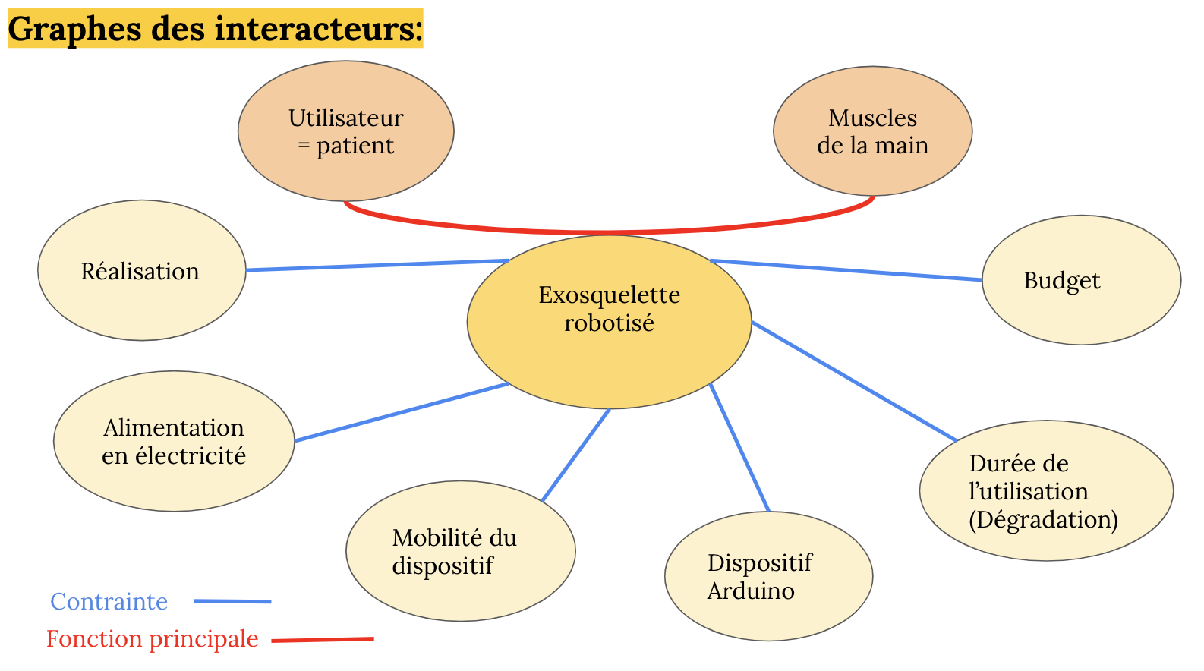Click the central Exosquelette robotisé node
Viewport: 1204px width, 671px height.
[x=609, y=322]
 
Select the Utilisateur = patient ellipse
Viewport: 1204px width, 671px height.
[x=345, y=131]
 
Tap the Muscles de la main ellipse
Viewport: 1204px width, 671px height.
[x=872, y=131]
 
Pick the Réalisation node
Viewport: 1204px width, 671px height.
[x=141, y=270]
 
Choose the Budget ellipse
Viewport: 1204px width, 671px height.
[x=1080, y=280]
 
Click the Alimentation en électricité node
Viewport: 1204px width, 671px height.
[x=174, y=441]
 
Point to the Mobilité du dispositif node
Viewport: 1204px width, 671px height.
[x=460, y=551]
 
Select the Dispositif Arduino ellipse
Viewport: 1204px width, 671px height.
[x=768, y=576]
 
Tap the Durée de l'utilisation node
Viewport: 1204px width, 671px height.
[x=1045, y=491]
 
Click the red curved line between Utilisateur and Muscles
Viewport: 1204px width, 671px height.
[x=607, y=232]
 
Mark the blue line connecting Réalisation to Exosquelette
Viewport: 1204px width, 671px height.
[x=377, y=265]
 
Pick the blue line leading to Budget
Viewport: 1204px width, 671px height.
[x=846, y=270]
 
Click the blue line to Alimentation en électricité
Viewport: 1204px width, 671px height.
[x=402, y=412]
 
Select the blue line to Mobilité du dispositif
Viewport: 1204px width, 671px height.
[x=575, y=455]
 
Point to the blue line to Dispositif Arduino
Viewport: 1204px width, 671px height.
[x=739, y=448]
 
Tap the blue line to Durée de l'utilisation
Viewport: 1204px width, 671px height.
[x=854, y=381]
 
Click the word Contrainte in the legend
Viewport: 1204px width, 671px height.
[x=109, y=601]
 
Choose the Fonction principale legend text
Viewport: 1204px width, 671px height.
[x=152, y=639]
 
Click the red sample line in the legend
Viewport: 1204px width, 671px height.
[x=323, y=640]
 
